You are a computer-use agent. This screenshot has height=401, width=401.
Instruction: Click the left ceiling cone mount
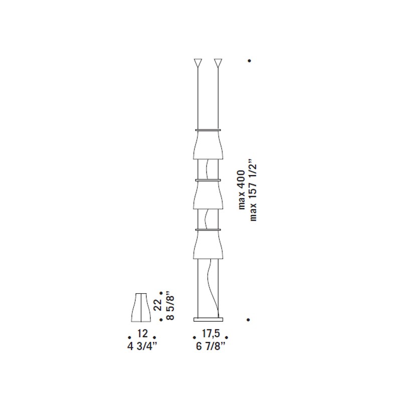coord(197,63)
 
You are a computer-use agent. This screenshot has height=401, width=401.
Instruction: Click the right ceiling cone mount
coord(218,63)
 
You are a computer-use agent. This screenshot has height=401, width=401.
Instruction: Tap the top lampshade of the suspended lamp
coord(208,145)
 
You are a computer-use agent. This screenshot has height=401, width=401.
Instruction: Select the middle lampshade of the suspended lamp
coord(208,195)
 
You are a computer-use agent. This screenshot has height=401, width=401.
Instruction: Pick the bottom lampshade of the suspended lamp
coord(208,245)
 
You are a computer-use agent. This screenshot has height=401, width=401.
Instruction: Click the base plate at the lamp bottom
coord(208,319)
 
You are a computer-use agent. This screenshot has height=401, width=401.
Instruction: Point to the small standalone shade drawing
coord(141,307)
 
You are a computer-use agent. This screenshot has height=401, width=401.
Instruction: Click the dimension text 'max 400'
coord(242,190)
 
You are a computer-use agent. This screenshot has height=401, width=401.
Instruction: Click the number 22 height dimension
coord(158,305)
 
